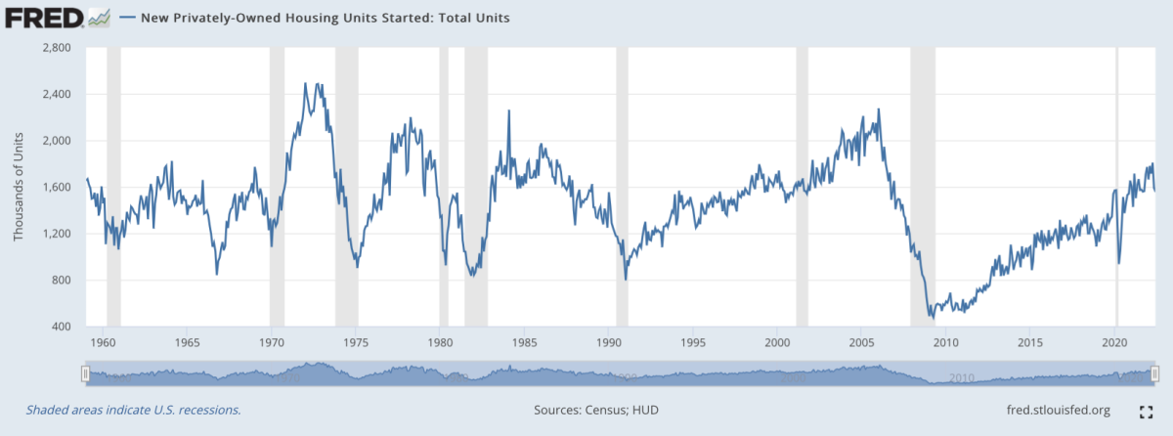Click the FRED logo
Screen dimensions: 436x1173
[x=44, y=18]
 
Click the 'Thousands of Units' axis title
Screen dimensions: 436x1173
[x=19, y=187]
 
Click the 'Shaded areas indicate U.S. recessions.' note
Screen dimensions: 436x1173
[x=133, y=410]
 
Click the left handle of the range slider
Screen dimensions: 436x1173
[x=86, y=373]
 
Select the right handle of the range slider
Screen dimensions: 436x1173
[x=1154, y=373]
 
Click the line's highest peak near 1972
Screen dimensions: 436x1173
[x=306, y=83]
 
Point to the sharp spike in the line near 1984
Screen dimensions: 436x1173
[x=508, y=110]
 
